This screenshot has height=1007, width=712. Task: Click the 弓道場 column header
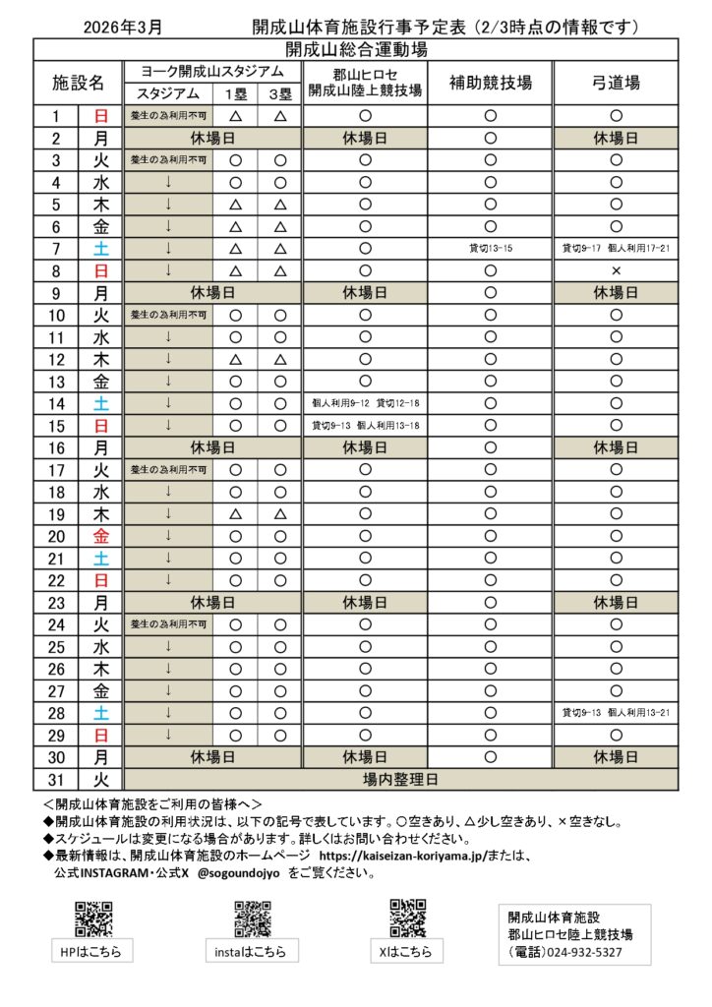616,83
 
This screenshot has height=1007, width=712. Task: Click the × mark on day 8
616,269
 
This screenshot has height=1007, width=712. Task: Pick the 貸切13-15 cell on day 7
490,249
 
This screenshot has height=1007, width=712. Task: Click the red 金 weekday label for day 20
100,536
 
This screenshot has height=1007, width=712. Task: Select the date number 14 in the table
57,403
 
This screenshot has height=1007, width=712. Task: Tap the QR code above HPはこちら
92,918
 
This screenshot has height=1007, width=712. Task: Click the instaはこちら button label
251,952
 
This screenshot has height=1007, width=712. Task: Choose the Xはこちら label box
407,951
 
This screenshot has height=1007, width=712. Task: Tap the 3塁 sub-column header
279,93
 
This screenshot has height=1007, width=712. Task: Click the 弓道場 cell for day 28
616,712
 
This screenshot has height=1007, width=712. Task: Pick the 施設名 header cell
78,83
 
